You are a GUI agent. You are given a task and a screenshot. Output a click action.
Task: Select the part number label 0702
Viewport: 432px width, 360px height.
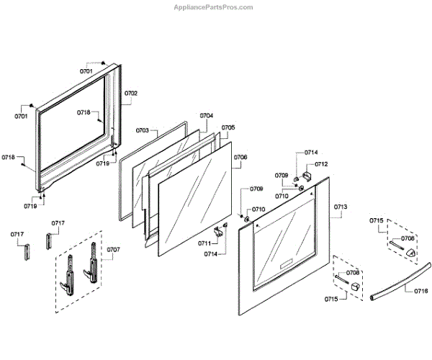tap(131, 94)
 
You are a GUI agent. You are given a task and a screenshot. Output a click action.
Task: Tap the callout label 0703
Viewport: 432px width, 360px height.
tap(142, 131)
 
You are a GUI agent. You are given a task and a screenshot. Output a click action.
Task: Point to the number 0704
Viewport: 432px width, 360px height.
tap(207, 116)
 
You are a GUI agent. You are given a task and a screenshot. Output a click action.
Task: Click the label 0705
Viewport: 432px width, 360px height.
tap(228, 127)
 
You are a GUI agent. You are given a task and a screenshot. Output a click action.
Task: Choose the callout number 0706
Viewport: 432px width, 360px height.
tap(240, 158)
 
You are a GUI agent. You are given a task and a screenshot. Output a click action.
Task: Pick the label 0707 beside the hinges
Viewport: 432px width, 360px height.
tap(114, 250)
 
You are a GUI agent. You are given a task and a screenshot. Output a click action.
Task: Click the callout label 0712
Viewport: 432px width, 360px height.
tap(321, 164)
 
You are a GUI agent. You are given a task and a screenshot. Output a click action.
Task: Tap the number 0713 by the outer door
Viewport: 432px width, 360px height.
tap(341, 207)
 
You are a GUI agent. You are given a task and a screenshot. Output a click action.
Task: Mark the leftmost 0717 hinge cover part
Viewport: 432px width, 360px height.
tap(28, 253)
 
